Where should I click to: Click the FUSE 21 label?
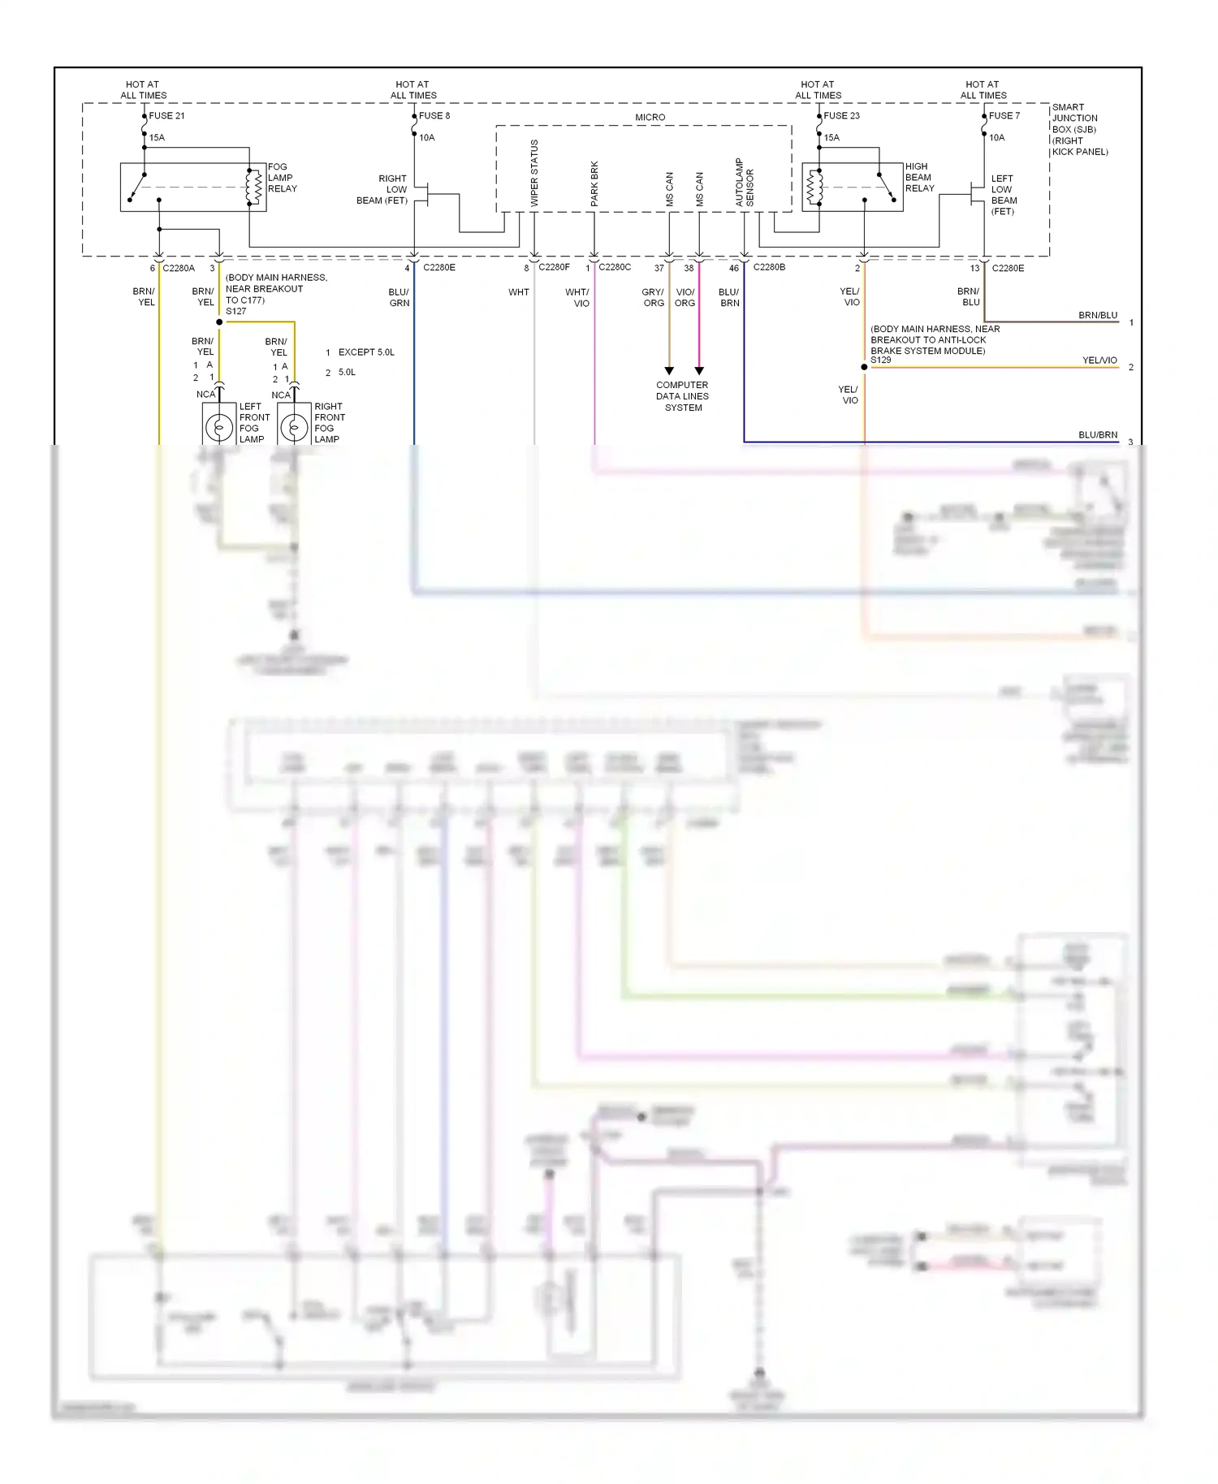(x=166, y=115)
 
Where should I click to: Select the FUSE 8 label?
(x=434, y=115)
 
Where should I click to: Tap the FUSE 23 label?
(x=841, y=115)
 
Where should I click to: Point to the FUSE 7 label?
(x=1004, y=115)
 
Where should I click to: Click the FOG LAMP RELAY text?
(x=282, y=178)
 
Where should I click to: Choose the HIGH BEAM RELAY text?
(x=919, y=177)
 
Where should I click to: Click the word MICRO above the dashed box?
(x=650, y=118)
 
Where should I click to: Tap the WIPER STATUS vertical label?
(x=534, y=173)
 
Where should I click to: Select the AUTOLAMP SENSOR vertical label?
(x=745, y=182)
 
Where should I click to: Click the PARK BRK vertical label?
(x=594, y=183)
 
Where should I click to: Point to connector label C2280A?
(x=179, y=268)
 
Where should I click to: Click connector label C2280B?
(x=769, y=267)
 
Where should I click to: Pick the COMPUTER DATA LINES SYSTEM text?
(x=682, y=396)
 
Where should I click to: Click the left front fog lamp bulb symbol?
(x=218, y=426)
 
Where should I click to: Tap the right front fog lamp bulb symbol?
(x=294, y=426)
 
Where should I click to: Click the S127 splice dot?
(x=219, y=322)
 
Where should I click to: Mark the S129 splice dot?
(x=864, y=367)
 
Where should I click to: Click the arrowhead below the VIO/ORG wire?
(x=699, y=371)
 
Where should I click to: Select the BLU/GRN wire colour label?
(x=399, y=297)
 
